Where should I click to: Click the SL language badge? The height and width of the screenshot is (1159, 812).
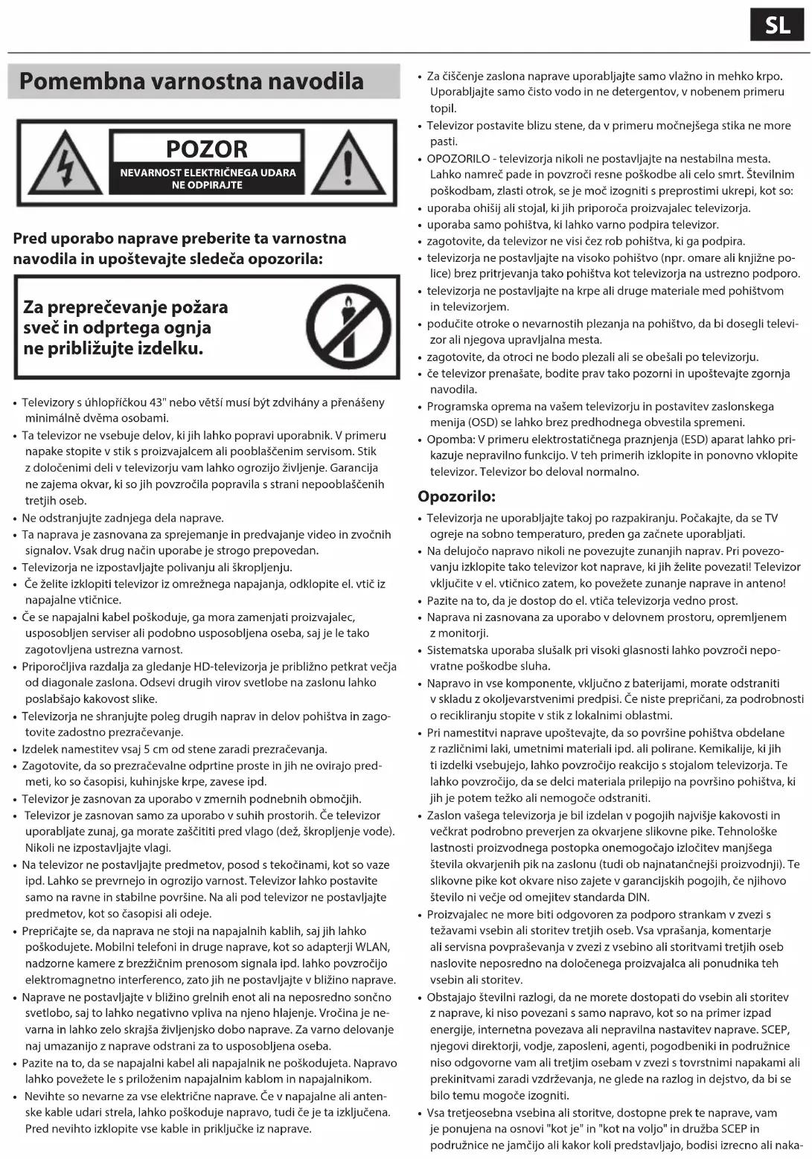coord(778,25)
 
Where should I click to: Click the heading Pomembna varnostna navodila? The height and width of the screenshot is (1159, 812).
coord(191,81)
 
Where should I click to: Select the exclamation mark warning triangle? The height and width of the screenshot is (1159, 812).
coord(348,164)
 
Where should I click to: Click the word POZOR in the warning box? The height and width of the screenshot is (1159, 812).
coord(207,149)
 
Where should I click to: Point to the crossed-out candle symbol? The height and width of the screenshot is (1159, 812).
coord(348,327)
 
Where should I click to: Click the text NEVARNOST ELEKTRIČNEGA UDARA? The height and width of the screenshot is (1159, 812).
coord(208,173)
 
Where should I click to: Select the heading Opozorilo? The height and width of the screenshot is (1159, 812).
coord(456,496)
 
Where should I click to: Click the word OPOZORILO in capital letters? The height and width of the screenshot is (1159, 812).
coord(458,158)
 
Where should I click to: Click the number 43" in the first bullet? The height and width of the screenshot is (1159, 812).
coord(156,402)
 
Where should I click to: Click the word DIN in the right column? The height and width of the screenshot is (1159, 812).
coord(637,897)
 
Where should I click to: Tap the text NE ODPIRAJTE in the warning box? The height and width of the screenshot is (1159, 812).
coord(207,185)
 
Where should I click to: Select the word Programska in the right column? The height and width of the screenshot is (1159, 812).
coord(455,407)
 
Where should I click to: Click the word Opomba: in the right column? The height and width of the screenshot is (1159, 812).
coord(451,440)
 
